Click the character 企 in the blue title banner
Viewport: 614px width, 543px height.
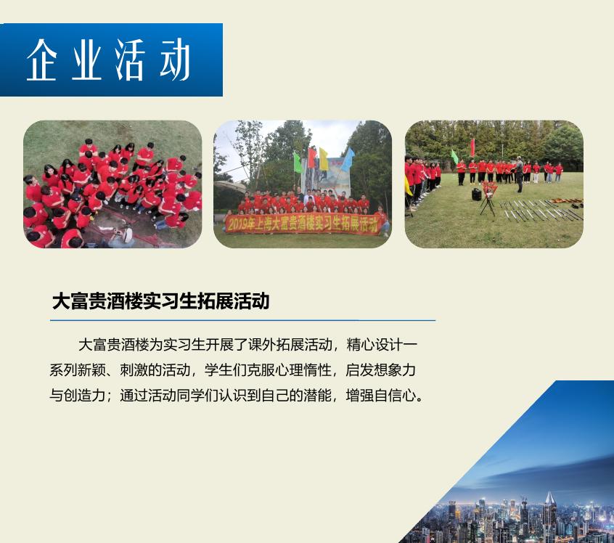[42, 60]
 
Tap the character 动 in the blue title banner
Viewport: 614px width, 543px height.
[175, 60]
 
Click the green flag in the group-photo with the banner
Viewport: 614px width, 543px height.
[298, 162]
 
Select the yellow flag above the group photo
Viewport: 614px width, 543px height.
[324, 159]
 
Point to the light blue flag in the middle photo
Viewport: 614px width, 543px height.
[348, 160]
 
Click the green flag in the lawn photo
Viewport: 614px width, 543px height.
[454, 157]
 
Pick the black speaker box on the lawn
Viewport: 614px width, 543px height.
[476, 195]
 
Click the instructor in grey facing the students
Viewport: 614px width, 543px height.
[519, 174]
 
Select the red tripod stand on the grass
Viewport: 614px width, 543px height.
[488, 198]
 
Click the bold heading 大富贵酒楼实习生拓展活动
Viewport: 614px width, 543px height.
[160, 301]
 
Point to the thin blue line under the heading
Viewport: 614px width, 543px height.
[243, 320]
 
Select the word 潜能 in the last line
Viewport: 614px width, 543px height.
[317, 395]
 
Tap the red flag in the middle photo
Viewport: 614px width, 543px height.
[311, 157]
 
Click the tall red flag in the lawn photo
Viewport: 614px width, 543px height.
[472, 147]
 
